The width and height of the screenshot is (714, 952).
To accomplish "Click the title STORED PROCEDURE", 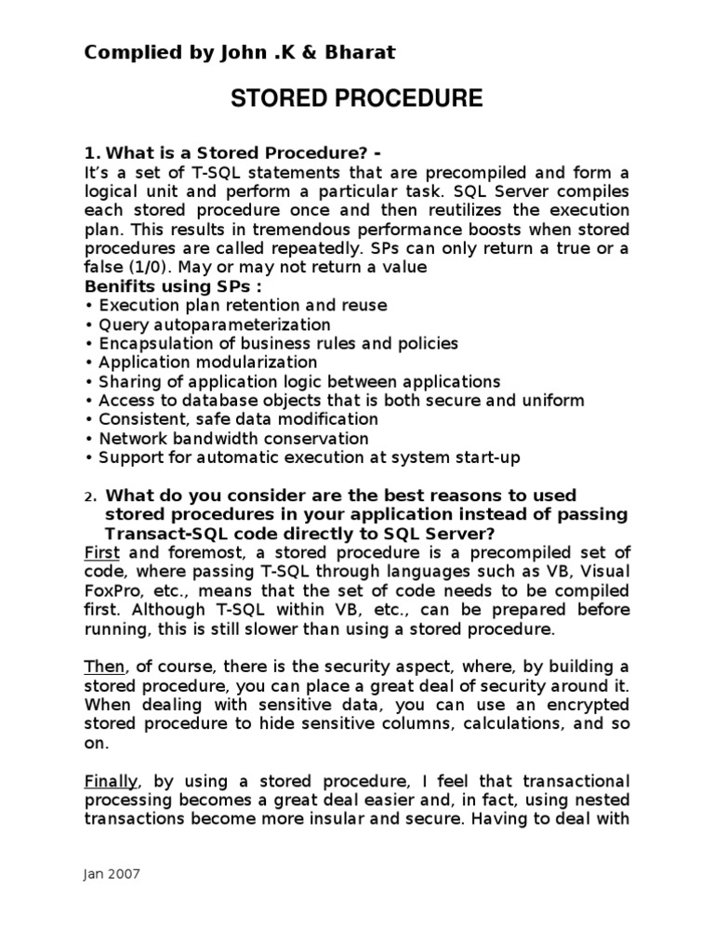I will pos(357,99).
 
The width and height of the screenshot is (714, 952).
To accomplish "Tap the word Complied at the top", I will pos(126,53).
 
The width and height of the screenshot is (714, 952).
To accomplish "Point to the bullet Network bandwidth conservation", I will pos(233,438).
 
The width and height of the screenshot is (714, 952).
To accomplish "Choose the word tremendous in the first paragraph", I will pos(326,229).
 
